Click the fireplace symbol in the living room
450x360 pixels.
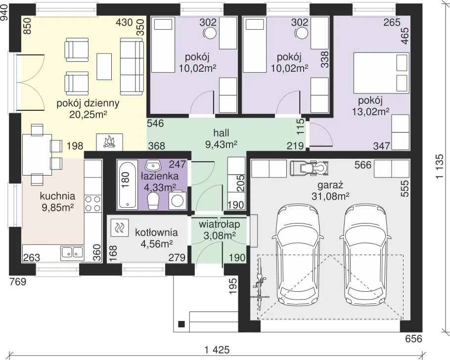pos(109,142)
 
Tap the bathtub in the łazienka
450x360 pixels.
pos(126,185)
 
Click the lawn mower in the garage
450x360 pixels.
pos(309,168)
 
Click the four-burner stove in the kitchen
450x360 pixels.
pos(93,203)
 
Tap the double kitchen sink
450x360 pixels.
pos(72,253)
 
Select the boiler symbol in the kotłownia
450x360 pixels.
pos(119,227)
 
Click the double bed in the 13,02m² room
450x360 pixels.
pos(381,73)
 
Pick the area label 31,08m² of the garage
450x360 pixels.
pos(330,196)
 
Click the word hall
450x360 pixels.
pos(221,133)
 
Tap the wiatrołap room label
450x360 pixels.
pos(219,224)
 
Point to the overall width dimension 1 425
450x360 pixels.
pos(217,350)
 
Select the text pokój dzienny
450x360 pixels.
pos(88,103)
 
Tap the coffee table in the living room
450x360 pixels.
pos(104,67)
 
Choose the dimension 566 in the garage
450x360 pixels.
pos(363,165)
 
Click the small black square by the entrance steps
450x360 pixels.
pos(181,324)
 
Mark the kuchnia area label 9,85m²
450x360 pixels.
pos(58,207)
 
